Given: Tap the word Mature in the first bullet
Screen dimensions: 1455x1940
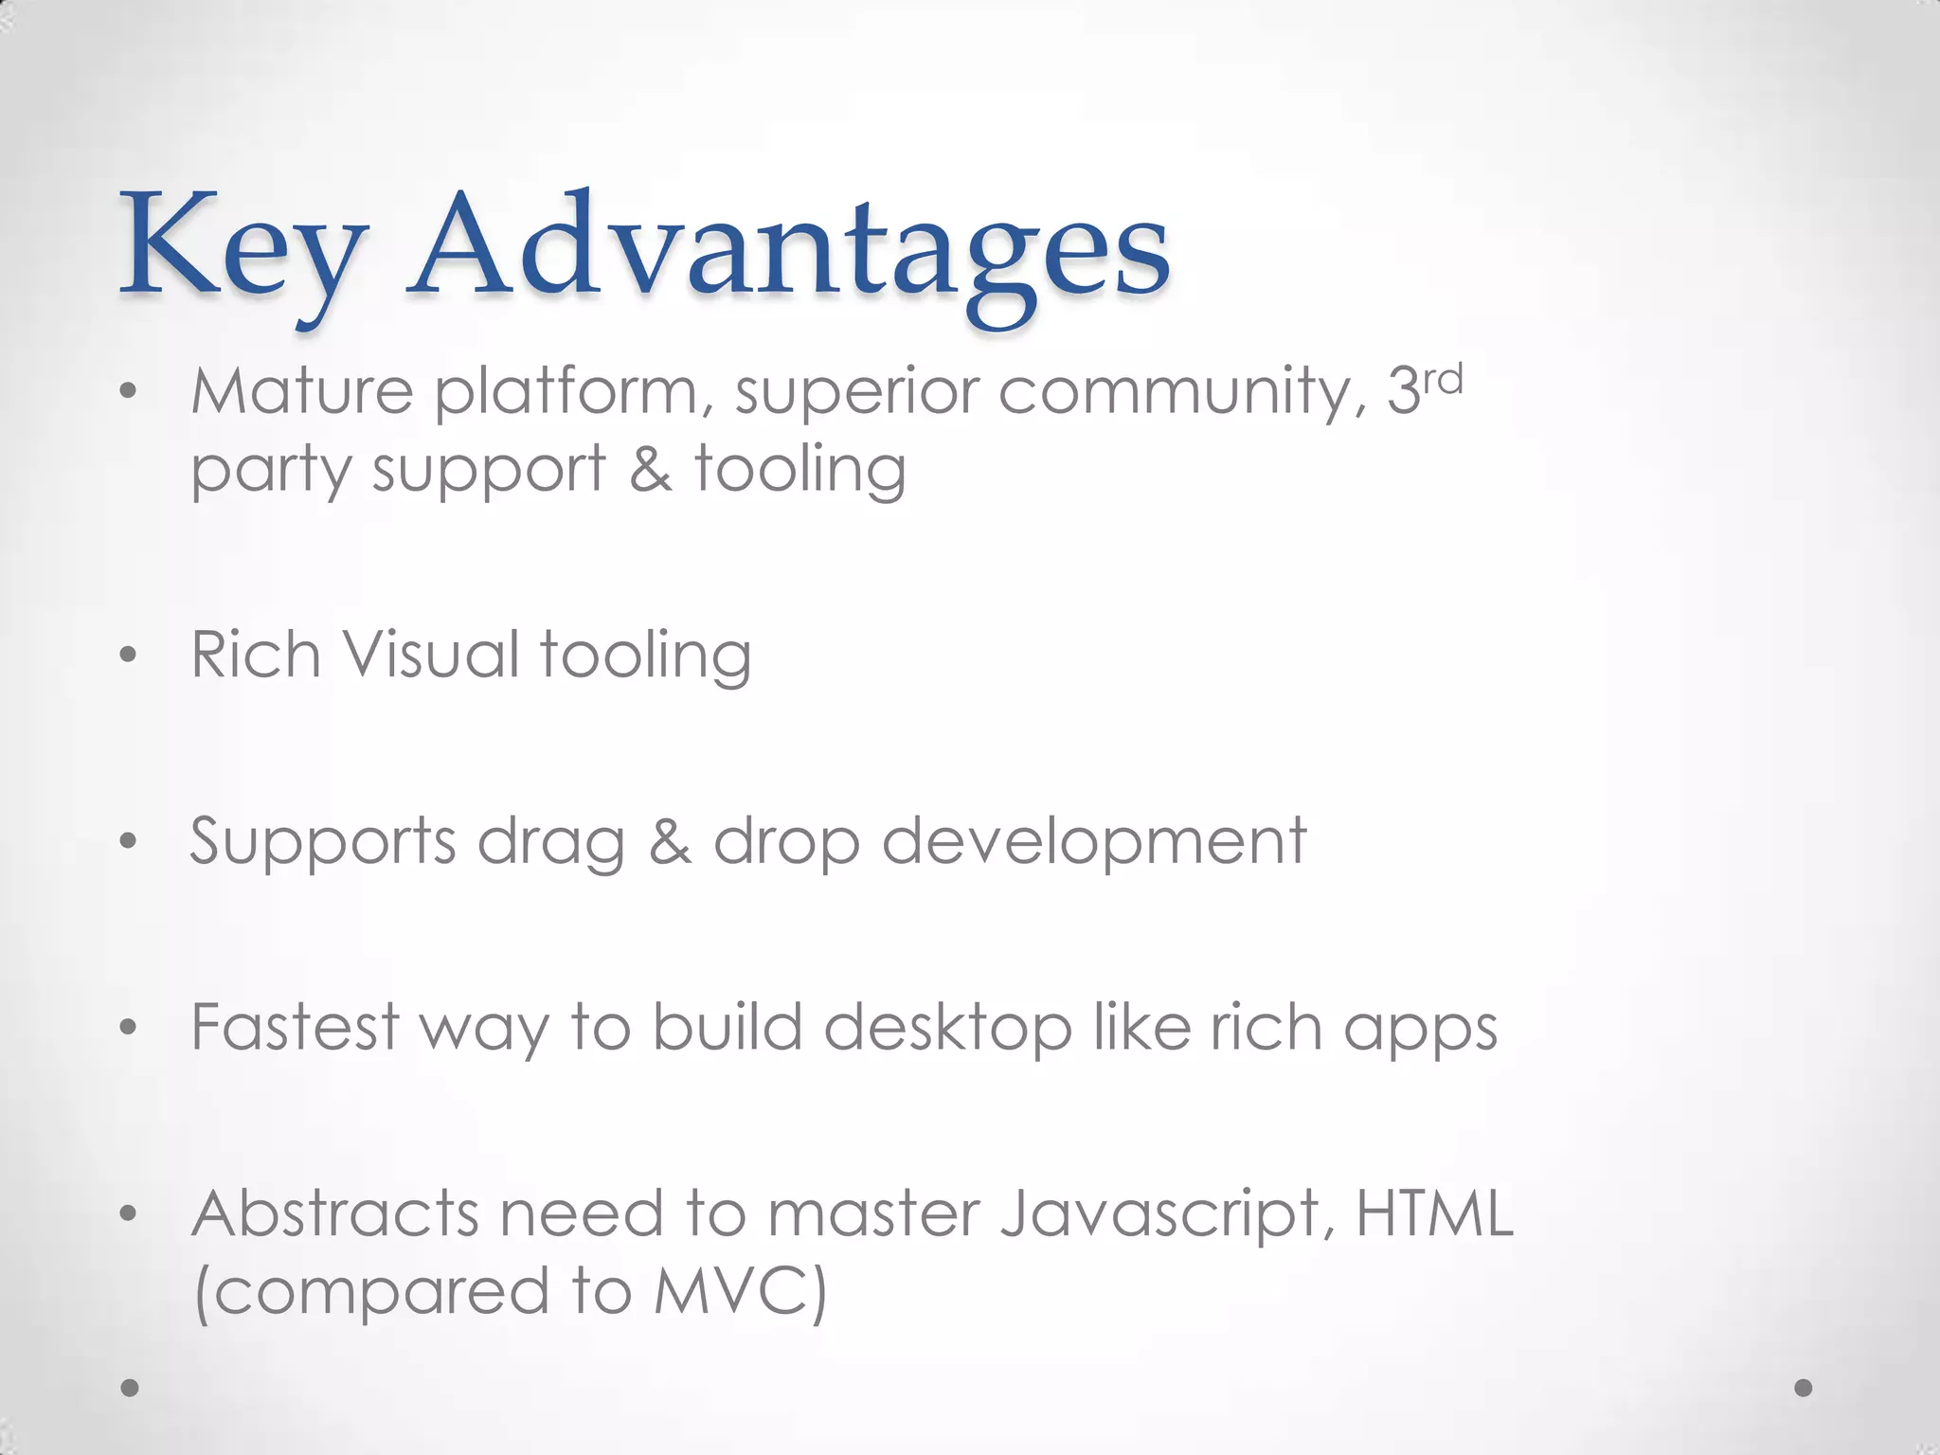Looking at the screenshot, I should click(302, 390).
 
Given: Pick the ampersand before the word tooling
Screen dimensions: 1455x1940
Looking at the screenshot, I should click(651, 469).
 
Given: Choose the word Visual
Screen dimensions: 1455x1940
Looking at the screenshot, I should click(430, 655).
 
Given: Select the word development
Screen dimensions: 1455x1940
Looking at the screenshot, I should click(1094, 842).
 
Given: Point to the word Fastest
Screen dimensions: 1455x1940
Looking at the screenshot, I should click(296, 1027).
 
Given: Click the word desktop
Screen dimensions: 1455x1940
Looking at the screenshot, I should click(948, 1029).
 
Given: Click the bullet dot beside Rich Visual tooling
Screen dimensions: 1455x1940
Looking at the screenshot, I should click(130, 656).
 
